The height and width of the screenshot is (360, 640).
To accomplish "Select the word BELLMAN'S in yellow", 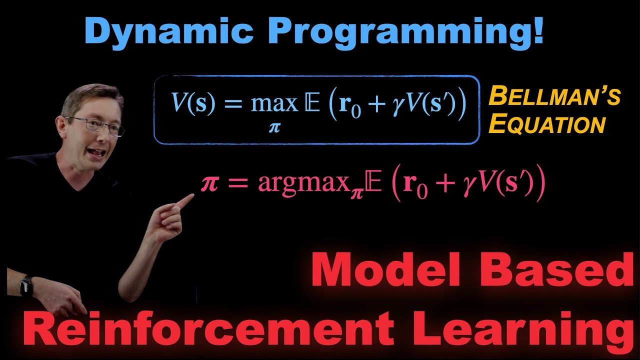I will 554,96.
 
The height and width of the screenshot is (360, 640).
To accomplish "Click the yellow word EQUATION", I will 547,124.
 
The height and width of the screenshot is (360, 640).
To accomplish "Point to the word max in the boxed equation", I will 274,103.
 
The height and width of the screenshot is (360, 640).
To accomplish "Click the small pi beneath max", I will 274,128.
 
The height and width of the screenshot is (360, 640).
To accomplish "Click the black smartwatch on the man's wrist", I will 25,285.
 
